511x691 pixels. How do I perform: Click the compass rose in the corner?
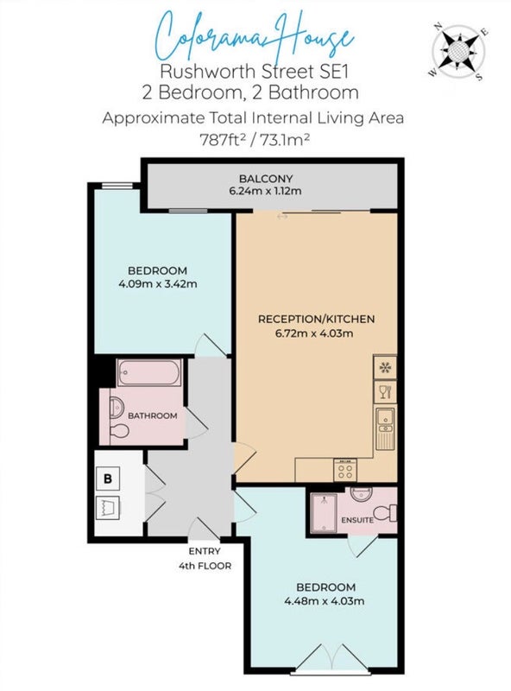458,52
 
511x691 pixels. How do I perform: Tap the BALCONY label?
266,179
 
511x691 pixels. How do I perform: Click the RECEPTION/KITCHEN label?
316,319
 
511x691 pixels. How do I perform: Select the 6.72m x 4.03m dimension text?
314,333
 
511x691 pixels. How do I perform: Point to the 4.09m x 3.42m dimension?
158,284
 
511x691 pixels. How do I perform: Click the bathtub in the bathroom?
149,372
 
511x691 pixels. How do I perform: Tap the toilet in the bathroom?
118,431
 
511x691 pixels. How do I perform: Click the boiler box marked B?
108,479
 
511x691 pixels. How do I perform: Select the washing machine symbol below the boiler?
108,508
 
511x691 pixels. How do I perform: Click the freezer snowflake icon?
385,367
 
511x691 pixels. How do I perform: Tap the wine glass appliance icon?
385,392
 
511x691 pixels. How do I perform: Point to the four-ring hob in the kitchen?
345,470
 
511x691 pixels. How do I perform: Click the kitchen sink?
386,428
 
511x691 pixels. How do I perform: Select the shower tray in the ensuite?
324,513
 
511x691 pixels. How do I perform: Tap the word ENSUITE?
357,520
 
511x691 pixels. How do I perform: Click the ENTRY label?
205,551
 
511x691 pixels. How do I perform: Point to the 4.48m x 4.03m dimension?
325,600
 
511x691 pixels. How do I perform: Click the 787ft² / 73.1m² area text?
255,140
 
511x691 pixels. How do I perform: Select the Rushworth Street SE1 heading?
254,71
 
